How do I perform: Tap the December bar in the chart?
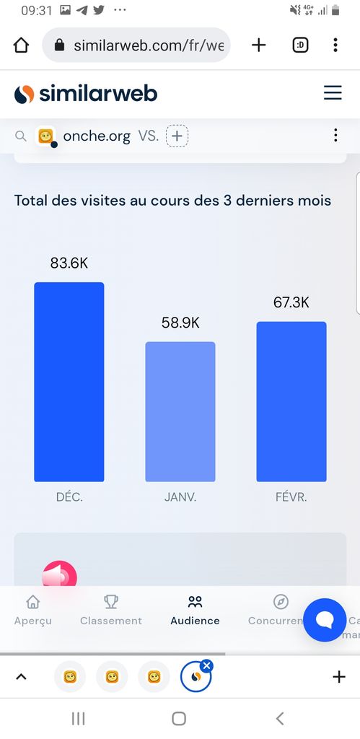point(69,382)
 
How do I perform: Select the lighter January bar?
point(180,411)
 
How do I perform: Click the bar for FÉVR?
point(291,401)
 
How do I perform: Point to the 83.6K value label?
point(69,263)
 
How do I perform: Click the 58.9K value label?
point(180,323)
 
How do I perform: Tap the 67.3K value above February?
point(291,302)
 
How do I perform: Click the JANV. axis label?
point(180,497)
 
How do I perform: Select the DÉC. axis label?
point(69,497)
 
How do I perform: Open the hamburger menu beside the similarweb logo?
point(333,93)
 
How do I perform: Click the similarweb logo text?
point(98,94)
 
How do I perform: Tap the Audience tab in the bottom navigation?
point(195,611)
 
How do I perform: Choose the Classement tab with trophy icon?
point(110,611)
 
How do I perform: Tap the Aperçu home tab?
point(33,611)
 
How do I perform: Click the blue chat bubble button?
point(325,620)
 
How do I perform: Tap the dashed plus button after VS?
point(177,136)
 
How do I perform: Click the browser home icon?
point(21,45)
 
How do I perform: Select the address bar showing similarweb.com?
point(136,45)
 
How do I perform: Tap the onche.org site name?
point(97,136)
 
